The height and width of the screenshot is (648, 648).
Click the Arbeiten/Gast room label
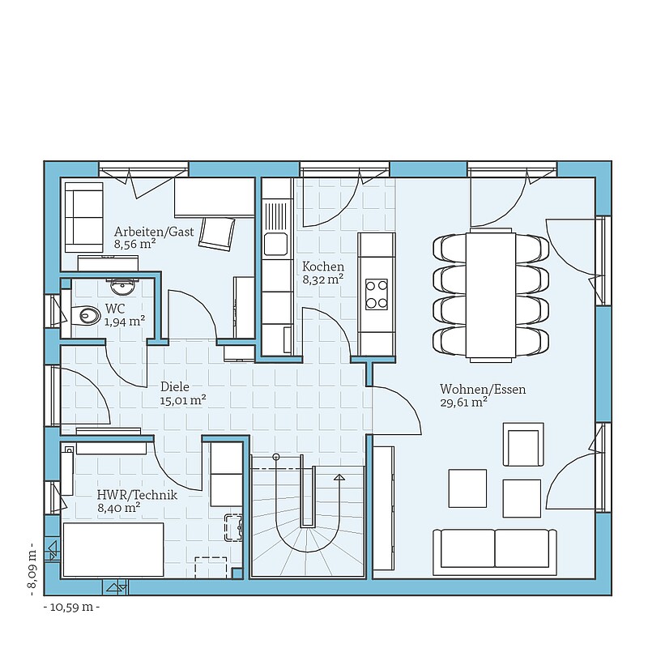[x=154, y=232]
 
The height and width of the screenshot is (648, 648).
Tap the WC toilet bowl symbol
[x=86, y=316]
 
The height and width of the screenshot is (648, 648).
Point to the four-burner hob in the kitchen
[x=377, y=294]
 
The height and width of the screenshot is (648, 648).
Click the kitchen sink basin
[x=275, y=245]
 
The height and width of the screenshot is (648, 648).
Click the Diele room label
[x=175, y=387]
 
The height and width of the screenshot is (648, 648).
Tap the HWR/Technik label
[x=137, y=495]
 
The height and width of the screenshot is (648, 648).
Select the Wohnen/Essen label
[x=483, y=390]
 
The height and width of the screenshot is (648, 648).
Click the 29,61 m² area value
[x=462, y=402]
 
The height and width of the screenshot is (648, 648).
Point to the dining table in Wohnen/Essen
[x=491, y=295]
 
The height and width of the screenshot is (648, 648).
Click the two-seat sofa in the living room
[x=495, y=552]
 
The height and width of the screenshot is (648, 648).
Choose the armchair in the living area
[x=523, y=444]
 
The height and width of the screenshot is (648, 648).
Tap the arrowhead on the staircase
[x=339, y=477]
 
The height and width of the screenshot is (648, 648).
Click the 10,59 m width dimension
[x=71, y=607]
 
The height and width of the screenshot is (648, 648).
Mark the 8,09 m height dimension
[x=33, y=573]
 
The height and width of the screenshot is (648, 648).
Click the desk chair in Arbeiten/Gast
[x=217, y=233]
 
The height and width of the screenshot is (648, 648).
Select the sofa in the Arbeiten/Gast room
[x=83, y=217]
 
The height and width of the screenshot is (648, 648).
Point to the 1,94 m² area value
[x=125, y=321]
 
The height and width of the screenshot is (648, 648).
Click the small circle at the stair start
[x=276, y=457]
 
